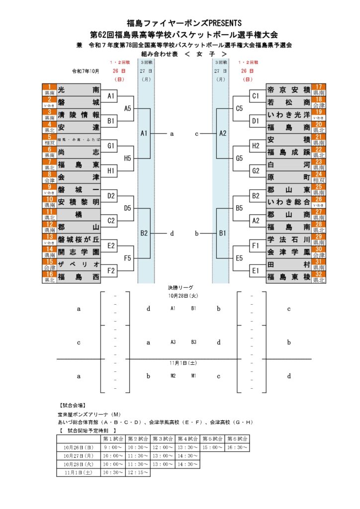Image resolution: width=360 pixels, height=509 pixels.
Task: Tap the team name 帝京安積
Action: [288, 90]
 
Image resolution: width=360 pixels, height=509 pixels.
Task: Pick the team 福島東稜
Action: [288, 277]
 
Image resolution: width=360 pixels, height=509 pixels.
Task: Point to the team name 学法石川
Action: [288, 240]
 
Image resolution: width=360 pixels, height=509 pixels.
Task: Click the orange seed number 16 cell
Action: [49, 277]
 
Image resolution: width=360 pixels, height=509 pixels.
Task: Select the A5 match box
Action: [128, 108]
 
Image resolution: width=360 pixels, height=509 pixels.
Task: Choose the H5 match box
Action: [128, 158]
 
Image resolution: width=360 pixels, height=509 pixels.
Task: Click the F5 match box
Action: [128, 258]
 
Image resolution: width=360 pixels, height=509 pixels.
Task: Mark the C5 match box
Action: [239, 108]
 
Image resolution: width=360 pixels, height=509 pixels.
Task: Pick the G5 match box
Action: [239, 158]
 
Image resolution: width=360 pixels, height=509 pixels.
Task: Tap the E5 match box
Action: [239, 258]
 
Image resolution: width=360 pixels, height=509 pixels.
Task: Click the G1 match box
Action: [111, 146]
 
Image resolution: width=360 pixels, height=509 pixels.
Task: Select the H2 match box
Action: [256, 146]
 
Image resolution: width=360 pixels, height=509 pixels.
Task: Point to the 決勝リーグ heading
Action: [180, 288]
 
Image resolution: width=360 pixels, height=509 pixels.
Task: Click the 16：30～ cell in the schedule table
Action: [237, 447]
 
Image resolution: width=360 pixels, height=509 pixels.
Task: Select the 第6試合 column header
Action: [237, 439]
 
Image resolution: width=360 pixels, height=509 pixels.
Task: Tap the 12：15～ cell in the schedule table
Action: [138, 472]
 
